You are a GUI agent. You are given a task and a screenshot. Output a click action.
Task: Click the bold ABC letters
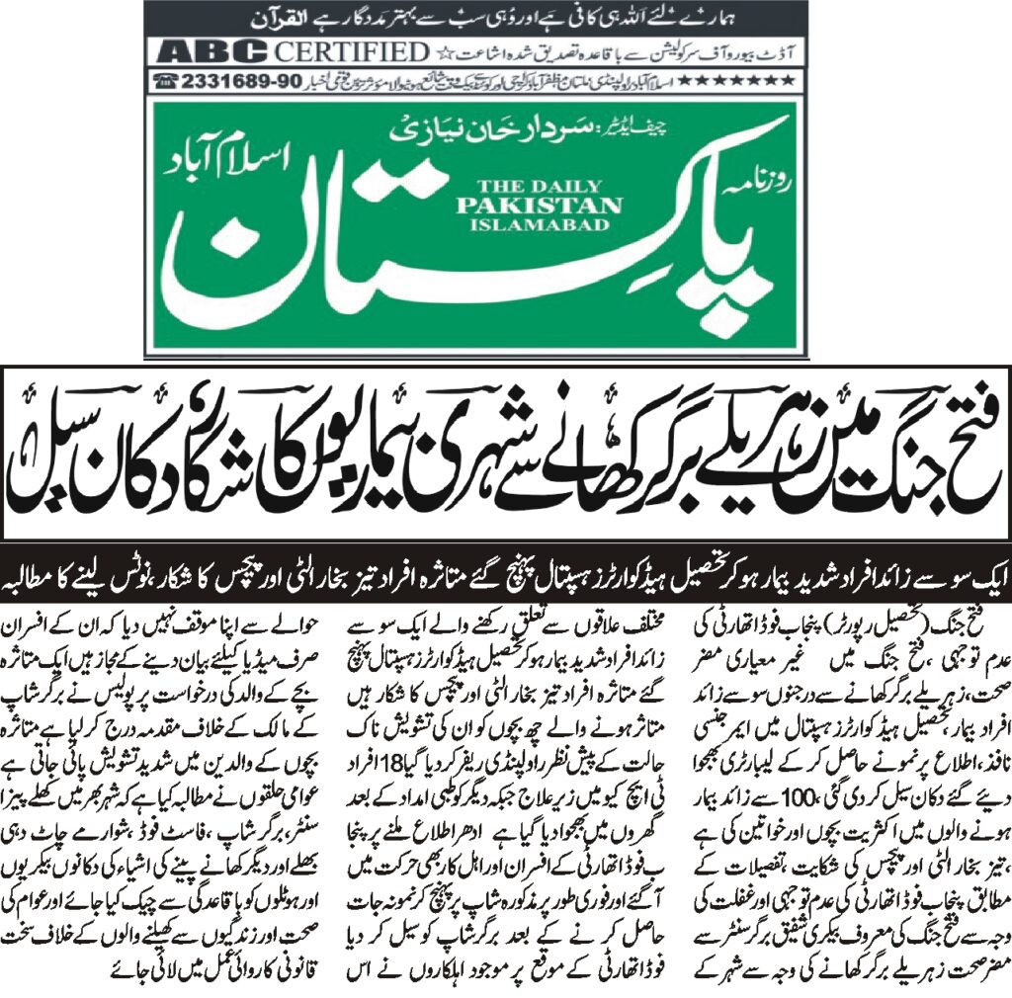(205, 51)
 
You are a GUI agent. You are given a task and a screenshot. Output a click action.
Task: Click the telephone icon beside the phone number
(165, 80)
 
